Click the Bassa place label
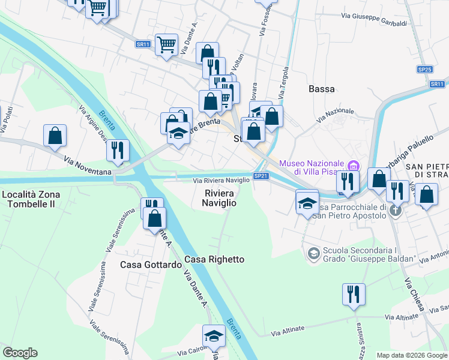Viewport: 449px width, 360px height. tap(321, 89)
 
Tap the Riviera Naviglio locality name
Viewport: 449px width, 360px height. tap(220, 198)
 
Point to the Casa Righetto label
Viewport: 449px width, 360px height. tap(214, 259)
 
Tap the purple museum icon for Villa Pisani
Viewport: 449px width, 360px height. tap(353, 164)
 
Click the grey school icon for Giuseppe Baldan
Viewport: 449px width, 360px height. tap(313, 254)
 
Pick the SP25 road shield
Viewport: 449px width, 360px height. tap(425, 70)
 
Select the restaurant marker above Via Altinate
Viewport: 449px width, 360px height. tap(353, 295)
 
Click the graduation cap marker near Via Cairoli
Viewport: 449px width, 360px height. tap(213, 337)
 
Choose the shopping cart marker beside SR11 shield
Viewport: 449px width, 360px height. tap(166, 44)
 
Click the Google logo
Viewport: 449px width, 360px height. tap(20, 353)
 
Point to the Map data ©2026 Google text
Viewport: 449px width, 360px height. tap(411, 355)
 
